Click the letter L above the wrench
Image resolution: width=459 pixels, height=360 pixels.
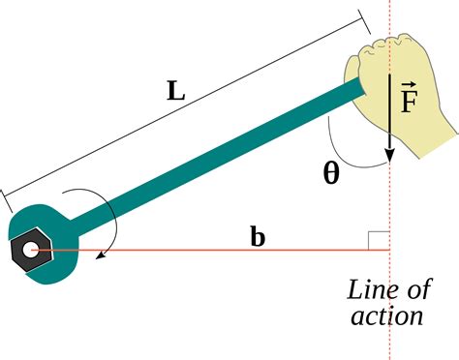[175, 91]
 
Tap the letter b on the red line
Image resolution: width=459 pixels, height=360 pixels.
[258, 235]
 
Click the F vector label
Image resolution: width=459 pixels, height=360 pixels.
[409, 99]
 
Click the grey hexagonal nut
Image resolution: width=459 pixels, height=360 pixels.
[26, 251]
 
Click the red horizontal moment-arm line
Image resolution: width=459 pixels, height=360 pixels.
[194, 252]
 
